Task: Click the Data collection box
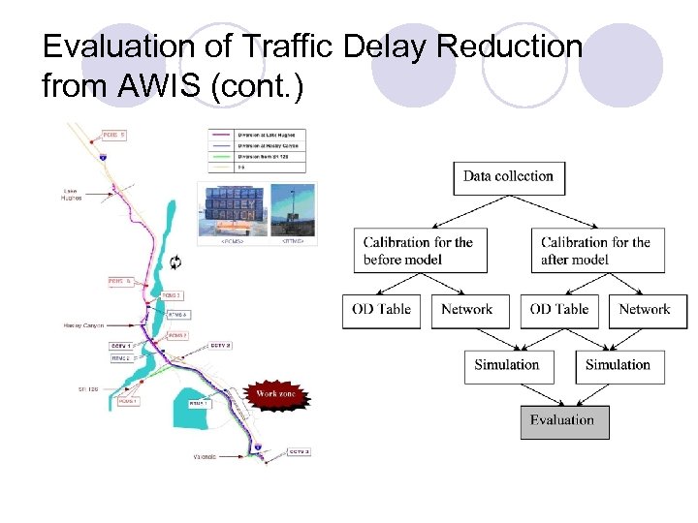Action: tap(508, 176)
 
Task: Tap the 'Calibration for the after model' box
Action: tap(597, 251)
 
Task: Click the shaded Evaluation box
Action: tap(564, 420)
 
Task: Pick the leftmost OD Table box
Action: tap(381, 310)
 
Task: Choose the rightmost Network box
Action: tap(645, 310)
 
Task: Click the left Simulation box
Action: tap(506, 365)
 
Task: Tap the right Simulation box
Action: tap(619, 365)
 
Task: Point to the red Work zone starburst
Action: tap(269, 394)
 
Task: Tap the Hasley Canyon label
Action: tap(83, 325)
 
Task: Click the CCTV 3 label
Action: tap(299, 452)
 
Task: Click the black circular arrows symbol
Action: tap(175, 261)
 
